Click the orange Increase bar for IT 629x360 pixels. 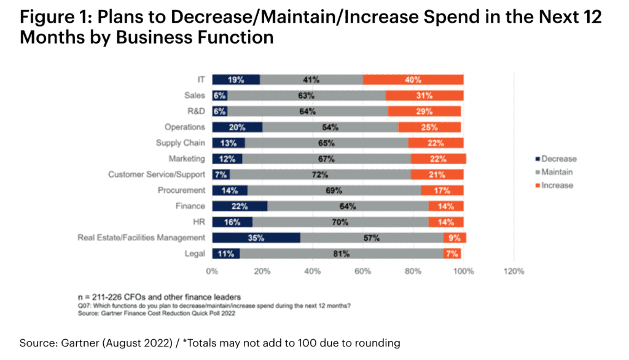coord(413,79)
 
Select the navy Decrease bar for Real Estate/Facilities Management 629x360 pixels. coord(256,238)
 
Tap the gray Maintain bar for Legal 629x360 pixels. coord(342,254)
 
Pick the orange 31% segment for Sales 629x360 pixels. coord(424,95)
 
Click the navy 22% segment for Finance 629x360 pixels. coord(240,206)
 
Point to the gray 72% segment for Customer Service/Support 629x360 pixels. coord(320,174)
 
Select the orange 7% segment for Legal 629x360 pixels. coord(452,254)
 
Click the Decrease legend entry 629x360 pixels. coord(556,159)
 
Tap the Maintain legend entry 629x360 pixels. coord(554,172)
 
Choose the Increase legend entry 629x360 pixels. coord(555,186)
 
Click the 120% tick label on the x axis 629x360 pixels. coord(514,272)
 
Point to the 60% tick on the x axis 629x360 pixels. coord(362,272)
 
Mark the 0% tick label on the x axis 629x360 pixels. coord(212,272)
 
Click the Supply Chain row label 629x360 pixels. coord(181,143)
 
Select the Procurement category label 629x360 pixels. coord(181,190)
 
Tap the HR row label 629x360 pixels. coord(199,222)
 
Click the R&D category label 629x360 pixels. coord(196,111)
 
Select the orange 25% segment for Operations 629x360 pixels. coord(429,127)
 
